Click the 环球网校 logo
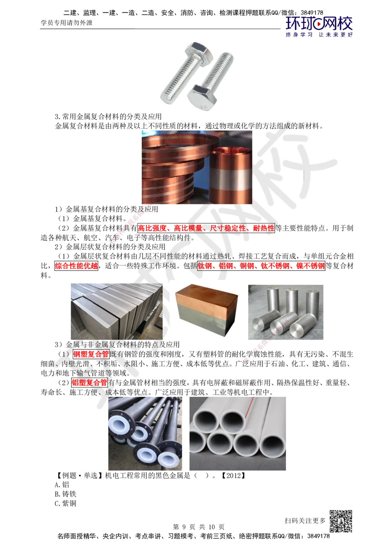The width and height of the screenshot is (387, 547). (x=319, y=27)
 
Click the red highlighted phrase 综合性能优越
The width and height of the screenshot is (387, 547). (x=76, y=266)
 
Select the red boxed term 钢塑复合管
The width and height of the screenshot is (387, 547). (x=91, y=354)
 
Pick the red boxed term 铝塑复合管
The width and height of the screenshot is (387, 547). (x=89, y=383)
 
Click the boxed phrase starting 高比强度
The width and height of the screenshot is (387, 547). (x=206, y=228)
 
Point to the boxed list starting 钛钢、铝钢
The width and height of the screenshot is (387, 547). (x=261, y=266)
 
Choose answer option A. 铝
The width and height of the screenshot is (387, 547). (x=62, y=485)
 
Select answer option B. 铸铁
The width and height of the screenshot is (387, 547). (x=65, y=494)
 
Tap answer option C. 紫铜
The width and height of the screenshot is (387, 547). (x=65, y=504)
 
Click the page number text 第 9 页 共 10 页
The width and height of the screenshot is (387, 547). (x=199, y=527)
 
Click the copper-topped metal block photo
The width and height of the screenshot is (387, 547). (x=206, y=310)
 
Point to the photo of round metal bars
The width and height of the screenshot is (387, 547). (x=286, y=312)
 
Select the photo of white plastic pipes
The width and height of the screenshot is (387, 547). (x=238, y=433)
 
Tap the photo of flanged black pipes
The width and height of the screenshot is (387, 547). (x=145, y=433)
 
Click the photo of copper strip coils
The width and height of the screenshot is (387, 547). (x=197, y=167)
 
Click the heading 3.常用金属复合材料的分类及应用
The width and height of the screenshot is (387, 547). (x=108, y=116)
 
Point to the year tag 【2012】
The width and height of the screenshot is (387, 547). (x=233, y=475)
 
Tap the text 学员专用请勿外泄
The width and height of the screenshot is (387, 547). (x=67, y=23)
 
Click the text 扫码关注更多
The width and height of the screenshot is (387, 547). (x=305, y=521)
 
